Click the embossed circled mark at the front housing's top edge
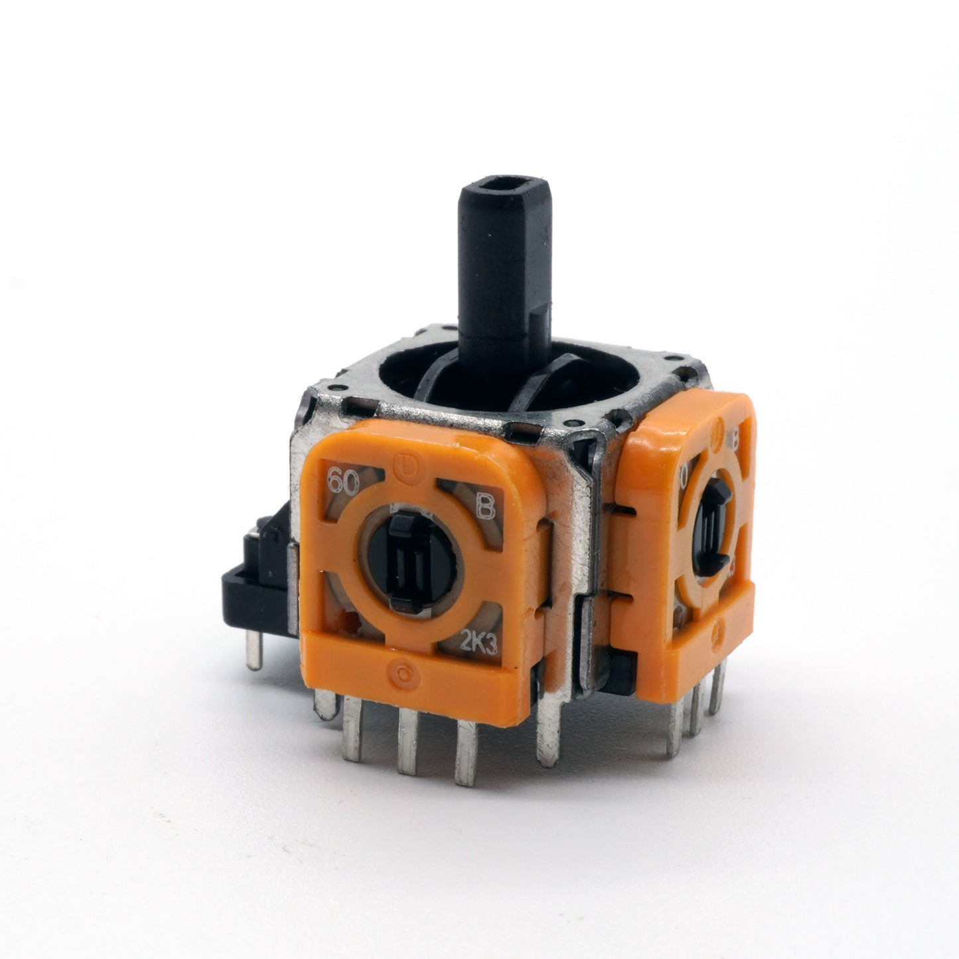[x=404, y=459]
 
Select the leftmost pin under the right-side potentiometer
[x=678, y=717]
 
